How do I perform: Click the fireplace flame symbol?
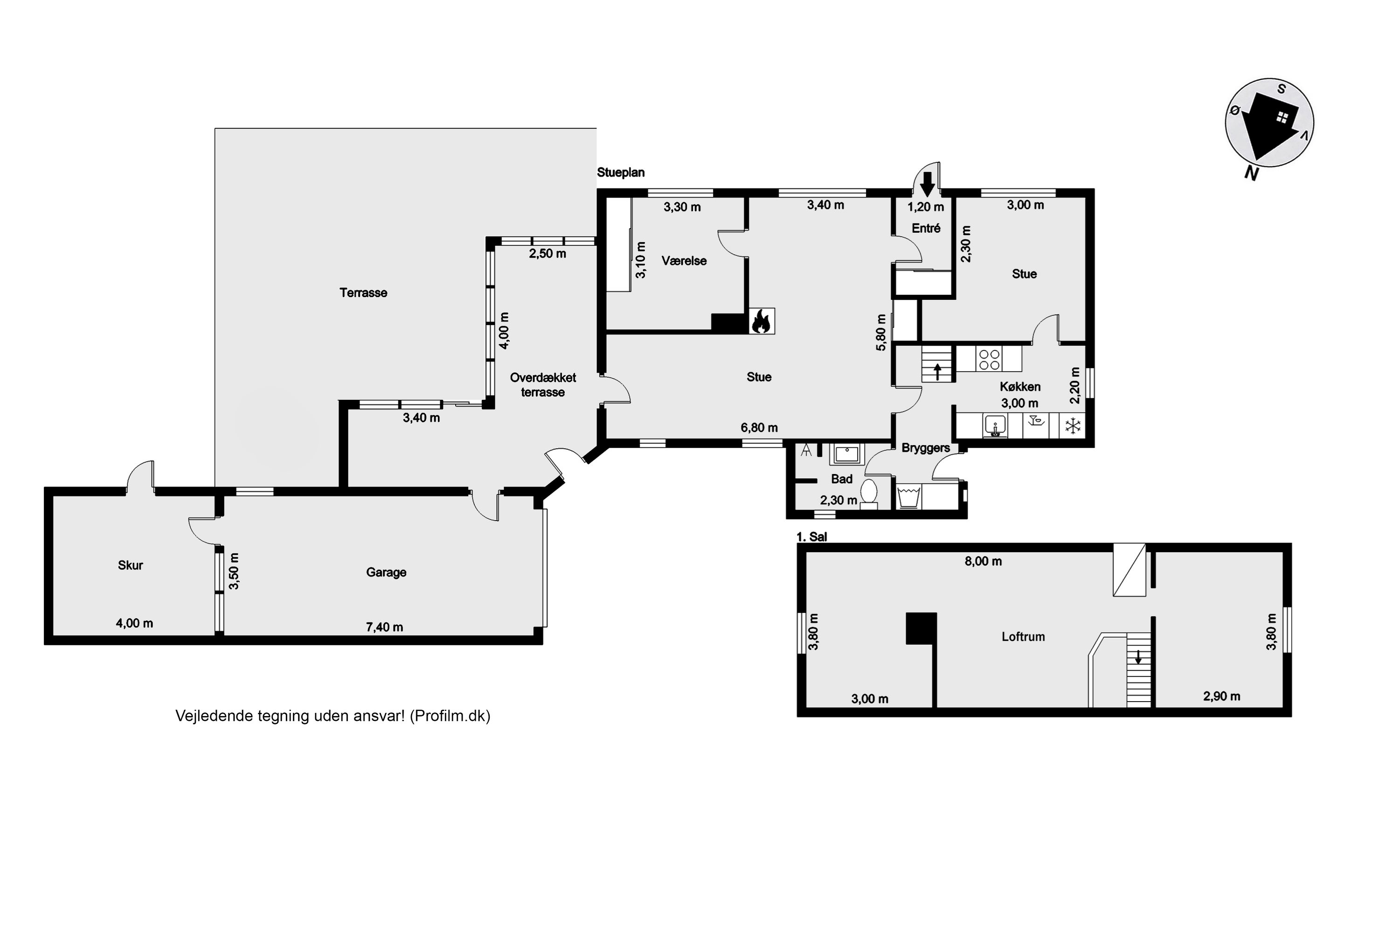762,321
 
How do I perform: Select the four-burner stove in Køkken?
989,359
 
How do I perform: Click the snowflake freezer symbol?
1073,426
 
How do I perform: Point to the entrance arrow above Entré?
927,184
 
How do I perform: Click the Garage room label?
386,572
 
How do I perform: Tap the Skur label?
130,565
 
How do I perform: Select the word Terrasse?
363,293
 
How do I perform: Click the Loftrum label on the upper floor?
1023,637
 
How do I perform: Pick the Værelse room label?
684,261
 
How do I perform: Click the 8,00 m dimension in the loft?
983,561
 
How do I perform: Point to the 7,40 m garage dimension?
384,627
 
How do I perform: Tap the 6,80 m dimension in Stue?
759,428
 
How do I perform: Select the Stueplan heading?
621,173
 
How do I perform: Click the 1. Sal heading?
812,537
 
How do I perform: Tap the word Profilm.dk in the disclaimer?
450,716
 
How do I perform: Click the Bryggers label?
926,448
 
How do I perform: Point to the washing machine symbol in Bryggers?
908,497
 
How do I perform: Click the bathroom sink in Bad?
846,454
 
